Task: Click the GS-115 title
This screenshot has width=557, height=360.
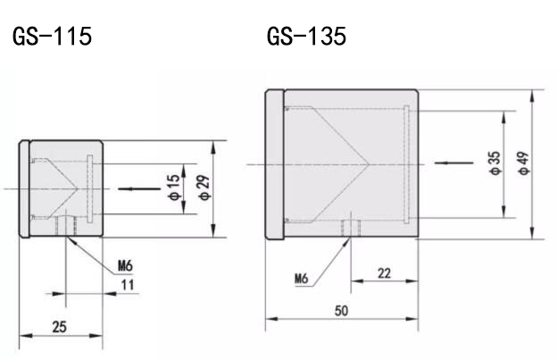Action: click(x=51, y=38)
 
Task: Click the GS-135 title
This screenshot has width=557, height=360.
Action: click(x=306, y=38)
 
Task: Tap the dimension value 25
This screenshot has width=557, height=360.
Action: click(x=58, y=327)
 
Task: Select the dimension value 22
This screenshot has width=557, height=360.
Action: click(x=384, y=273)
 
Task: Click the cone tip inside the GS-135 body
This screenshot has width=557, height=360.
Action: click(x=368, y=163)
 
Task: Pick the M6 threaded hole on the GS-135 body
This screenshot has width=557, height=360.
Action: click(x=350, y=230)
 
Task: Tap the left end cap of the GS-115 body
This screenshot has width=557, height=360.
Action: click(x=26, y=189)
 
